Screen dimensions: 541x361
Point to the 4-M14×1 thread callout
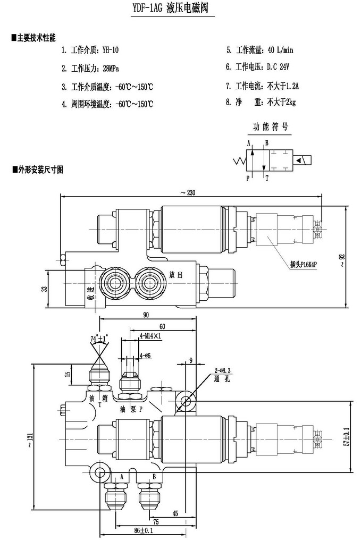(x=150, y=336)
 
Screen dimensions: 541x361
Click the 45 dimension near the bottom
(x=175, y=513)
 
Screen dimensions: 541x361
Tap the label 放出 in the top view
(x=176, y=275)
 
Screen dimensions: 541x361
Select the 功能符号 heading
(x=271, y=127)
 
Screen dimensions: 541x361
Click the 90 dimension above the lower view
(x=146, y=315)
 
